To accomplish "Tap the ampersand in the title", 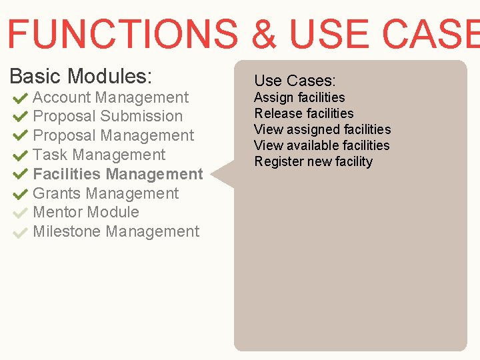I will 265,33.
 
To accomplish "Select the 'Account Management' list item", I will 111,97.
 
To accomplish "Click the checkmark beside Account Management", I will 20,98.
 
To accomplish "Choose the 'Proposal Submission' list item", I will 107,116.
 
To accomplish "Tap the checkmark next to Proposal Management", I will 20,136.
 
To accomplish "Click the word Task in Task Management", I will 51,155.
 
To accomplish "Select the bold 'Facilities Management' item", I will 117,174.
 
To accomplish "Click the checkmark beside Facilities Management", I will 20,175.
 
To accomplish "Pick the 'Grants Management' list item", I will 105,193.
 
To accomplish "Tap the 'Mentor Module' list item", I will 86,212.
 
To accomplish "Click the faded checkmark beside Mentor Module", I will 20,213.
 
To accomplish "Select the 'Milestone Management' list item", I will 116,231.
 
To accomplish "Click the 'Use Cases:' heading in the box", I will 295,81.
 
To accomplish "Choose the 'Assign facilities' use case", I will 299,97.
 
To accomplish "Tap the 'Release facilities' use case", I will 304,113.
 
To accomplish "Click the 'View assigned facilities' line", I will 323,129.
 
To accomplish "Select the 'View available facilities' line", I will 322,145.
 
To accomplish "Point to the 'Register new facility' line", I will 313,161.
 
